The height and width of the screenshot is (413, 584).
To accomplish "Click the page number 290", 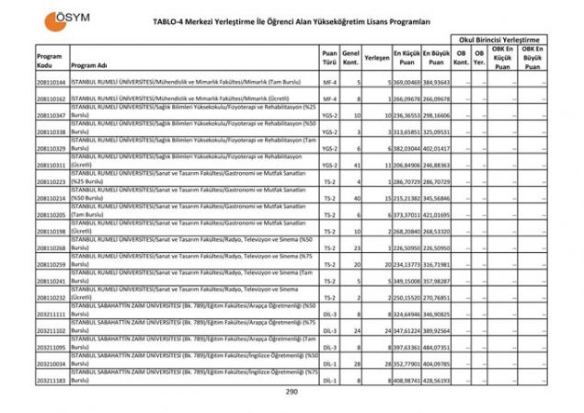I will [292, 392].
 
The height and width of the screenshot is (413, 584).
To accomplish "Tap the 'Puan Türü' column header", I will [329, 61].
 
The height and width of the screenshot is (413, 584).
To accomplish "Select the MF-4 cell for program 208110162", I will [329, 98].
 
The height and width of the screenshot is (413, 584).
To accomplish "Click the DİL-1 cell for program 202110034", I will [329, 363].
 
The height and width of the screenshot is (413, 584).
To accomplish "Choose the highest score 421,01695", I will [436, 214].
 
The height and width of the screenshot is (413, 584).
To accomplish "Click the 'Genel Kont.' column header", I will [350, 61].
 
